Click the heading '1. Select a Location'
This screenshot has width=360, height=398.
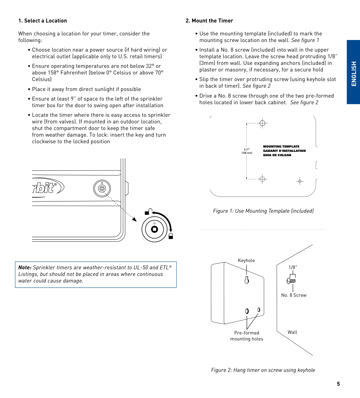point(43,21)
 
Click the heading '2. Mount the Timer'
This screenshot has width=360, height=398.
point(209,21)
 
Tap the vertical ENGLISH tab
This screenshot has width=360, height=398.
point(354,73)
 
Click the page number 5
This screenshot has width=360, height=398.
point(338,384)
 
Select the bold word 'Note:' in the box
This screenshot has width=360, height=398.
point(25,268)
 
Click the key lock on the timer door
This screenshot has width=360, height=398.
point(102,189)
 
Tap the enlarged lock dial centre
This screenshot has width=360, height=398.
point(154,229)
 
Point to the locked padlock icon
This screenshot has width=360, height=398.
point(171,236)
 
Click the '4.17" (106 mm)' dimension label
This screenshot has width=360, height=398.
point(247,151)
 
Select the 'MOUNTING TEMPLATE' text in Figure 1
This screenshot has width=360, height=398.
point(281,147)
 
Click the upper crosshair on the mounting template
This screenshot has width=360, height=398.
point(262,123)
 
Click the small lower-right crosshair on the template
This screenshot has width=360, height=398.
point(300,181)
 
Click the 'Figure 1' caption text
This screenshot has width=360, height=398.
point(263,211)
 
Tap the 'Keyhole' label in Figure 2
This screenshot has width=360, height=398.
point(246,261)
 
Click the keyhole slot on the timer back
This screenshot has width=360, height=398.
point(247,280)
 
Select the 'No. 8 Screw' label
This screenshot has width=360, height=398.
point(294,295)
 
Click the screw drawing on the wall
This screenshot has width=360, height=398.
point(291,281)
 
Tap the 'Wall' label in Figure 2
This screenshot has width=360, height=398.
point(292,332)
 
